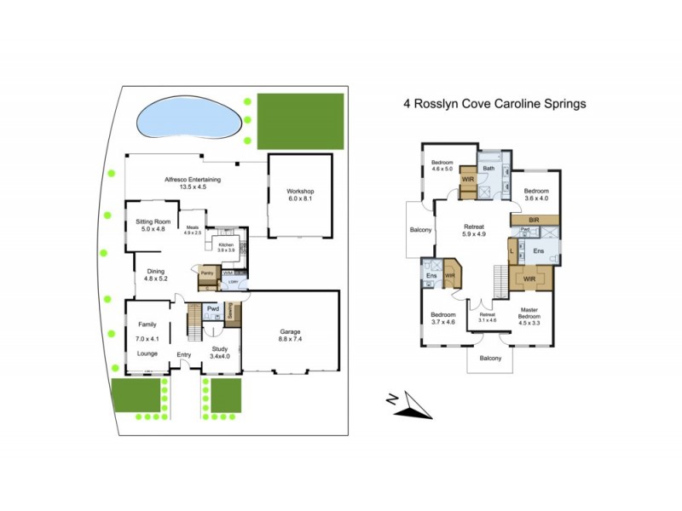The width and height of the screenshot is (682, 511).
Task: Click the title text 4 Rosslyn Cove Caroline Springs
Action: (x=494, y=105)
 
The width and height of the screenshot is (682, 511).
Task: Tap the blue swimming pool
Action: (x=188, y=119)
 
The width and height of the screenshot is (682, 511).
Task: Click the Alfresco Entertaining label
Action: (x=194, y=183)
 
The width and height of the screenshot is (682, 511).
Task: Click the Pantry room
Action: (x=206, y=273)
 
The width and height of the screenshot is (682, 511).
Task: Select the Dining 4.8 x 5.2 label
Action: (x=155, y=275)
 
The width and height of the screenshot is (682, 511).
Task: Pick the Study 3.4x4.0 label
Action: (x=220, y=353)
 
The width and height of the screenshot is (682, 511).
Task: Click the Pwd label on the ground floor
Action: (x=212, y=308)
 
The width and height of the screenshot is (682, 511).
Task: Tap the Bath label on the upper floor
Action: (x=488, y=169)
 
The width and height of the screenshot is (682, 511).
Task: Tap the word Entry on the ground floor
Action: (x=183, y=355)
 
